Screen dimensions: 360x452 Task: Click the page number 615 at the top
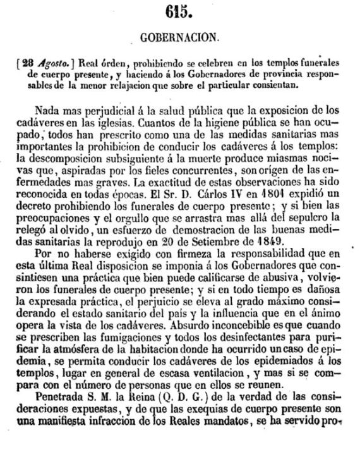[180, 11]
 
